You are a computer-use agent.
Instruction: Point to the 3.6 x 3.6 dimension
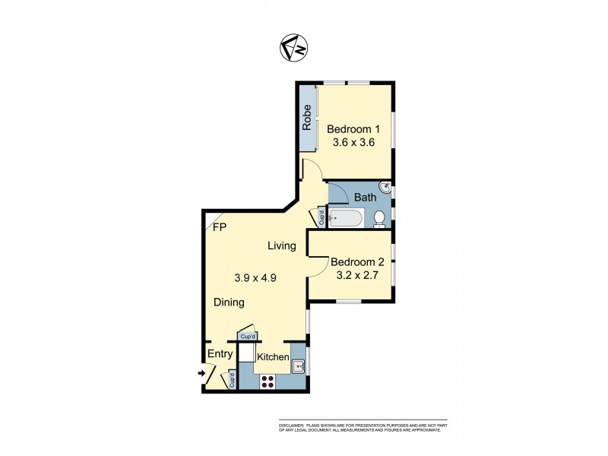[354, 142]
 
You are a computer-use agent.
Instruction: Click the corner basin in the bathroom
[385, 185]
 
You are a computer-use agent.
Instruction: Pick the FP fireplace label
[220, 227]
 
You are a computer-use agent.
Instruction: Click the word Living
[281, 245]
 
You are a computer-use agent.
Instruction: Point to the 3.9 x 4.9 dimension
[255, 278]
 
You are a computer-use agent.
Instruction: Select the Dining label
[228, 302]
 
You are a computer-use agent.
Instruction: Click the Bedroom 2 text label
[357, 262]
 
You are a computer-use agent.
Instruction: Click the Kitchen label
[273, 357]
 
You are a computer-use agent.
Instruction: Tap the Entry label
[219, 354]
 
